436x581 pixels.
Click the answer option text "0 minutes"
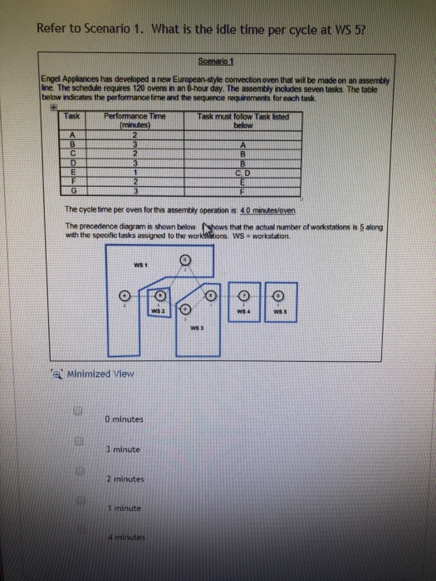point(126,419)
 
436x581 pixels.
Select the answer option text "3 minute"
point(125,449)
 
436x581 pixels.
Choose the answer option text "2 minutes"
point(125,479)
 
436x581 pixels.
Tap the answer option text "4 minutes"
point(125,537)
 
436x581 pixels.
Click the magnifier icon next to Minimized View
point(58,373)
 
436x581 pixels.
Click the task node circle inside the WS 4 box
point(245,295)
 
